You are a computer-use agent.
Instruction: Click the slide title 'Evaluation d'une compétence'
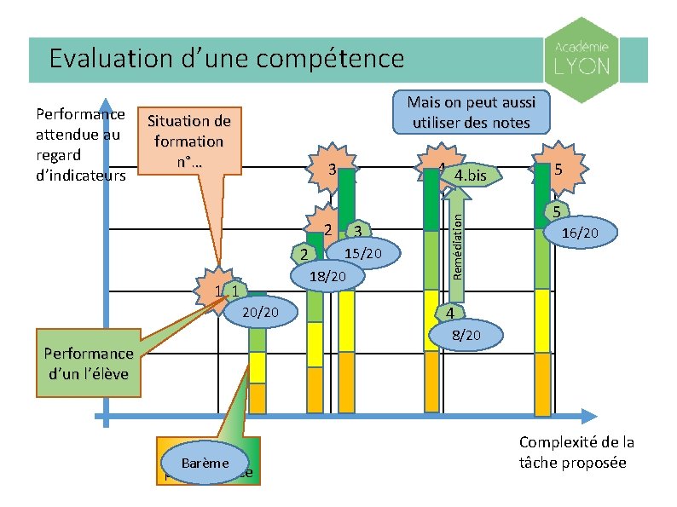tap(226, 59)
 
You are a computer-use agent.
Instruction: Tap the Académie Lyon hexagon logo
tap(582, 60)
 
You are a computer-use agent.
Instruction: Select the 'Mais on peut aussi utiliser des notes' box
tap(471, 112)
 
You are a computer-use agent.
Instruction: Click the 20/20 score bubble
tap(263, 314)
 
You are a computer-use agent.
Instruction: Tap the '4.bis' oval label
tap(471, 176)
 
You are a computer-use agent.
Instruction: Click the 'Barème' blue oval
tap(205, 463)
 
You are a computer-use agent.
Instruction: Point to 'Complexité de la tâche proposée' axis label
tap(576, 452)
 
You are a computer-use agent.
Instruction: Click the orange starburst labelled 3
tap(329, 170)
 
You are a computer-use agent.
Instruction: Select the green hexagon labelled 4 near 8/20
tap(447, 314)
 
